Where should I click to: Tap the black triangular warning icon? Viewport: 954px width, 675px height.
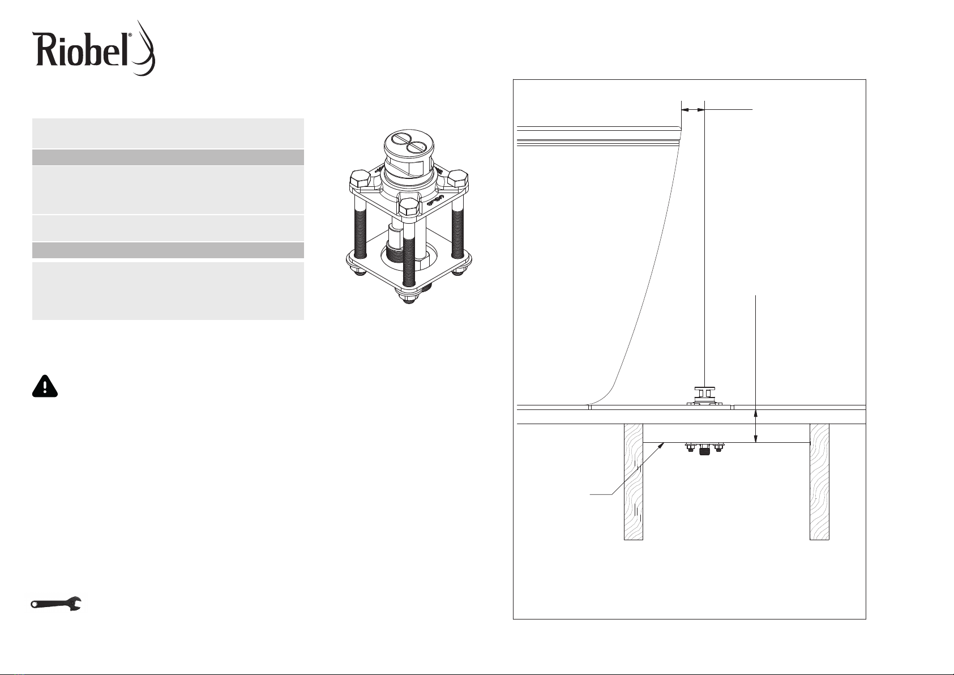tap(45, 386)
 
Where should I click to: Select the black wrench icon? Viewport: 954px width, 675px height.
tap(56, 604)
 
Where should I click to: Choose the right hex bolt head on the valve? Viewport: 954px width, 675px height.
tap(458, 179)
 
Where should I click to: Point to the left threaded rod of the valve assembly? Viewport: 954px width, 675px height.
tap(360, 224)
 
